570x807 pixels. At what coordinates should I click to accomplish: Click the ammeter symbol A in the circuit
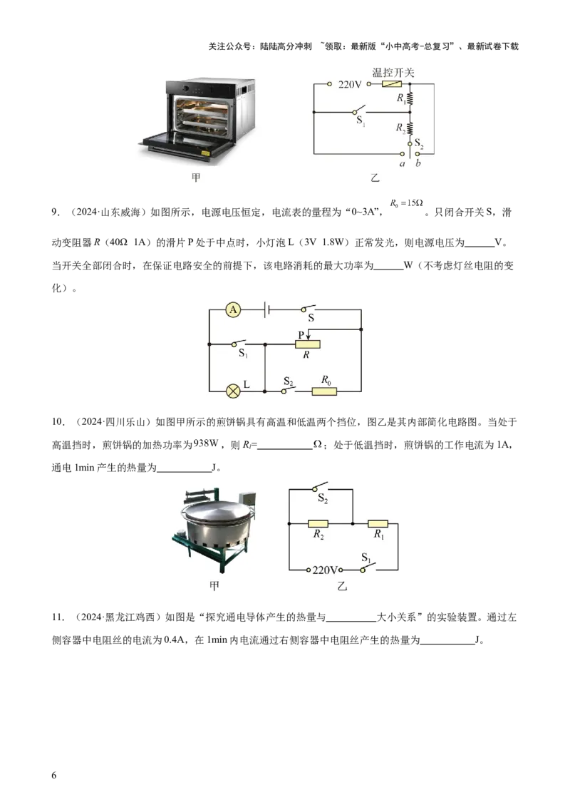point(233,310)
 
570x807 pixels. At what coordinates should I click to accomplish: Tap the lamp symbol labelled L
point(233,391)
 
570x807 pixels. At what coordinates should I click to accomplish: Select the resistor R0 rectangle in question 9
point(325,391)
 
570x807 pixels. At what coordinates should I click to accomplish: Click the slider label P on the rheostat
point(301,335)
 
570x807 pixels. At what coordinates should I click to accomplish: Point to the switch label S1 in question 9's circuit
point(244,354)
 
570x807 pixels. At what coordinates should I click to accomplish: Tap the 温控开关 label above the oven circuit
point(393,73)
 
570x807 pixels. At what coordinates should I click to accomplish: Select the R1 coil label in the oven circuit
point(400,98)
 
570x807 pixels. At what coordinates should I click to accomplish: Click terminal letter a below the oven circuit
point(403,164)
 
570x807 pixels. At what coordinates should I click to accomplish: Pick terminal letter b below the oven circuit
point(418,163)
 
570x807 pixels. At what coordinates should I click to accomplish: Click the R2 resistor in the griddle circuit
point(318,523)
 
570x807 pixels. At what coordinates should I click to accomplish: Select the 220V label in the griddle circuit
point(325,570)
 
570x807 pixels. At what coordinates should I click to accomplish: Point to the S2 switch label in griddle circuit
point(323,498)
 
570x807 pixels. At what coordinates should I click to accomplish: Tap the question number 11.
point(58,617)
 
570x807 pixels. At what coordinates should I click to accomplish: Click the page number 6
point(54,775)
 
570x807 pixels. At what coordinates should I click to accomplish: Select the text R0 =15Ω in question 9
point(406,203)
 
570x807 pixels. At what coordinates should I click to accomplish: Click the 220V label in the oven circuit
point(350,84)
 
